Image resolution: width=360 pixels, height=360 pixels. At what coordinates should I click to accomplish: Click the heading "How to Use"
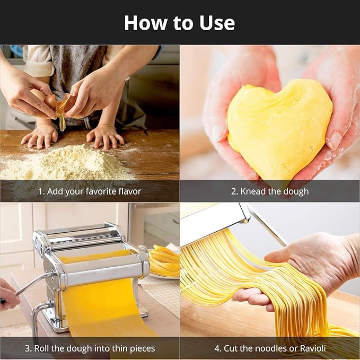point(180,23)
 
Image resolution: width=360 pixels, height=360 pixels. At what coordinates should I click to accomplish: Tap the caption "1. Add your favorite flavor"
point(90,191)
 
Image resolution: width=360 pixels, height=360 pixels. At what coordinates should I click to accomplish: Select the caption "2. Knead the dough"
point(269,191)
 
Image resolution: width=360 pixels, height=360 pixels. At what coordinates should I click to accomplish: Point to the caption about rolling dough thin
point(90,348)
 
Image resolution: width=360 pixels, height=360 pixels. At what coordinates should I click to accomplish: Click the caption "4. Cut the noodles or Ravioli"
point(269,348)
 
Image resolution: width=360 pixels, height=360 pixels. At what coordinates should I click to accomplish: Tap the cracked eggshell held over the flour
point(62,103)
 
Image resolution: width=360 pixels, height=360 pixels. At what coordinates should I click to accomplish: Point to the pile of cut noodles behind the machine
point(164,261)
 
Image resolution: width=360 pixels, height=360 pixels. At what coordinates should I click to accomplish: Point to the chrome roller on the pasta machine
point(101,276)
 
